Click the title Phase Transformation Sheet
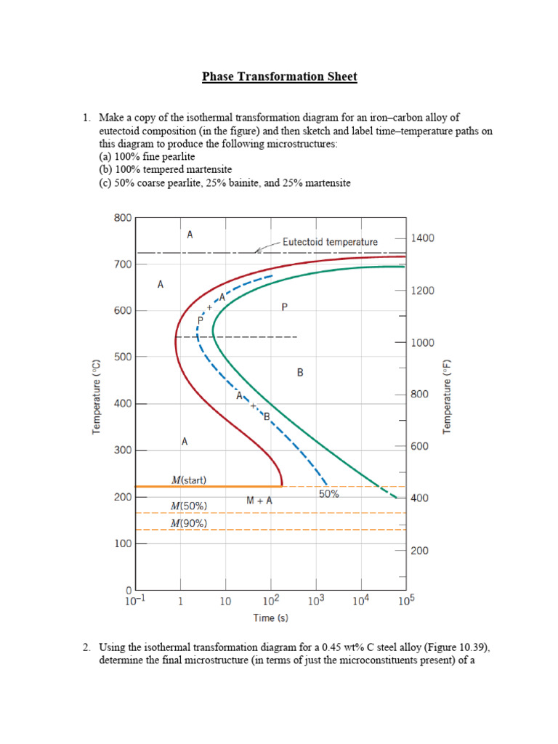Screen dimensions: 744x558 [x=280, y=77]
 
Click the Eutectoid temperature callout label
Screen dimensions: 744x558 [x=330, y=242]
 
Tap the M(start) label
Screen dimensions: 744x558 [x=189, y=480]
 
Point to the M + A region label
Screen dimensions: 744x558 [x=259, y=501]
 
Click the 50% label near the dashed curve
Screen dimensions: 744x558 [x=329, y=494]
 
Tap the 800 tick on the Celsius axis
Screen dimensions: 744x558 [x=122, y=217]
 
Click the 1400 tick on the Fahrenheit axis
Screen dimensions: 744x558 [x=423, y=238]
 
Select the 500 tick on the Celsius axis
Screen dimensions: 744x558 [x=122, y=357]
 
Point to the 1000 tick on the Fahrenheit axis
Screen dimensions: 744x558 [x=423, y=342]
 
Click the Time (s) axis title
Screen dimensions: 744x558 [x=270, y=618]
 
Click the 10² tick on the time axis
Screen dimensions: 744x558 [x=270, y=600]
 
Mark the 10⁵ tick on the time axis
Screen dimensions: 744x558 [x=405, y=600]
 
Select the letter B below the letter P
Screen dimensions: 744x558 [x=300, y=372]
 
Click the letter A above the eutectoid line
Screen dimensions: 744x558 [x=190, y=235]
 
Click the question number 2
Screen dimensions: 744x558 [x=85, y=647]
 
